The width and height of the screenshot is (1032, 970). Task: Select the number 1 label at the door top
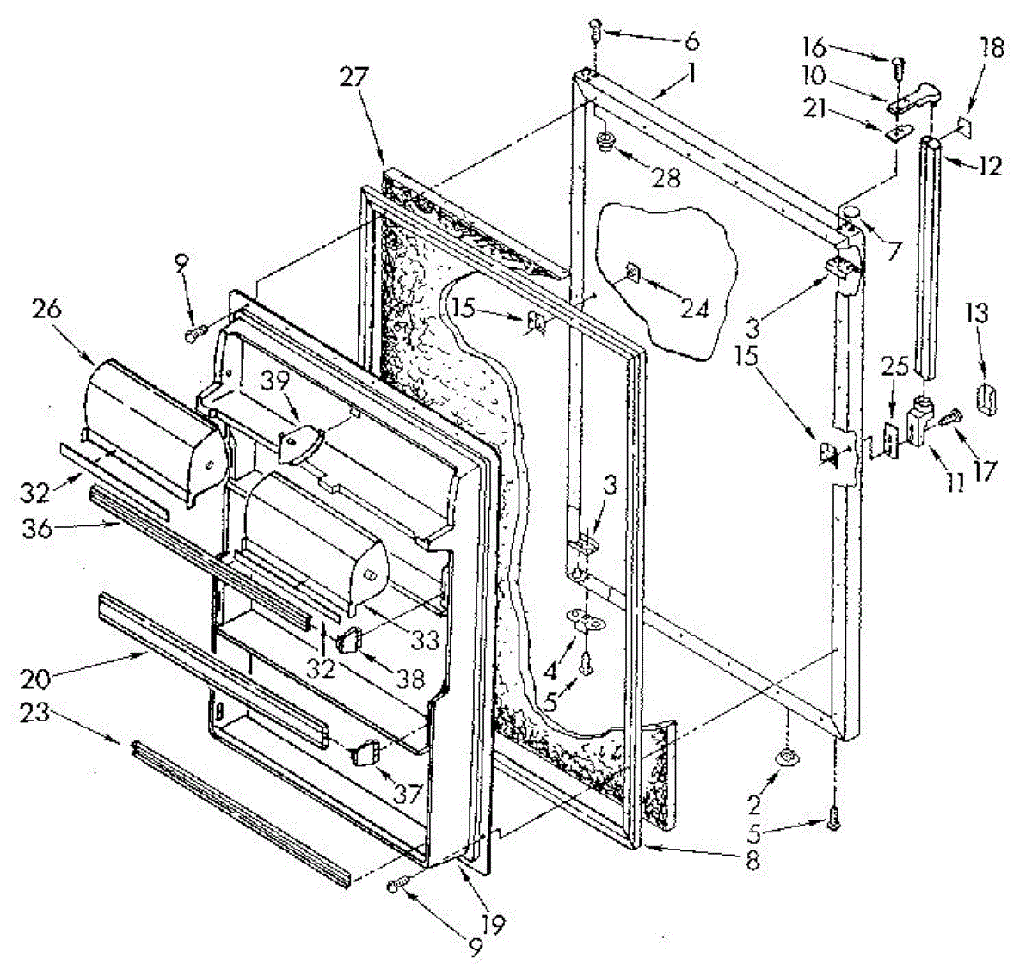point(691,76)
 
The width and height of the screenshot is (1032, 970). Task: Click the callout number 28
point(667,178)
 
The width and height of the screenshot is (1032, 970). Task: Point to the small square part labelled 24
point(632,273)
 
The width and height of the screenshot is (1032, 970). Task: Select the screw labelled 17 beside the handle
point(950,420)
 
